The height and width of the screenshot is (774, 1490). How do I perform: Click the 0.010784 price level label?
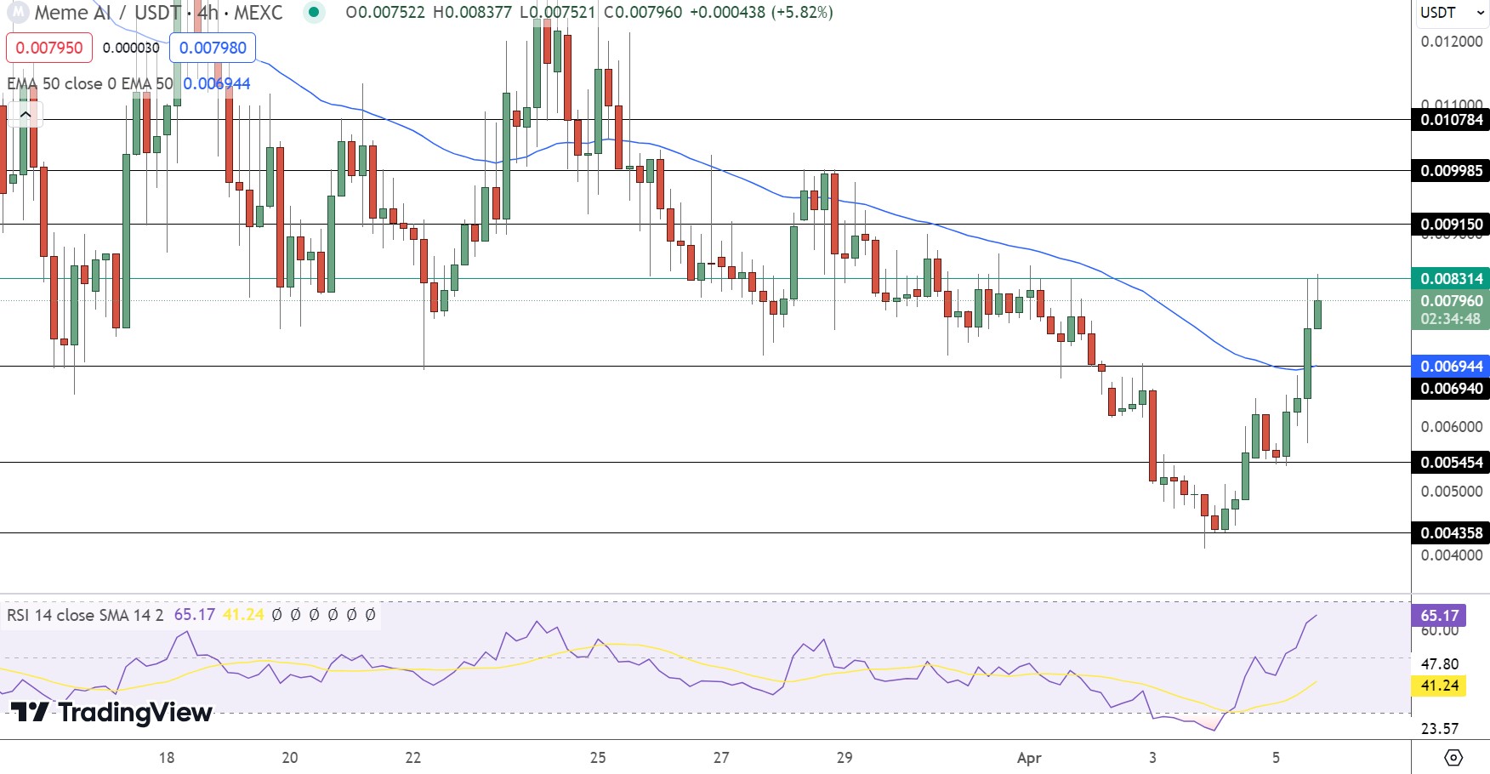[x=1451, y=120]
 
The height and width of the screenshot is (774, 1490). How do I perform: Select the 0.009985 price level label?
[x=1451, y=171]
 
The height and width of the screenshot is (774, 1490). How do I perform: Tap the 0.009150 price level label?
[x=1451, y=225]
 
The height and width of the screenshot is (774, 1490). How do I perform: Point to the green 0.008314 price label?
[x=1451, y=279]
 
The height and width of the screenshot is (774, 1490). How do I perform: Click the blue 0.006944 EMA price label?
[x=1451, y=367]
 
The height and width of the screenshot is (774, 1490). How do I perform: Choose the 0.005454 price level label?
[x=1451, y=463]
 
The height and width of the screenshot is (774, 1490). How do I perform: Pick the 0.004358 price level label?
[x=1451, y=533]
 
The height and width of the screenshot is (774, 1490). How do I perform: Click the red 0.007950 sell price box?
[x=49, y=48]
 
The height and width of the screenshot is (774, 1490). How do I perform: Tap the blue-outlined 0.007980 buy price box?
[x=213, y=48]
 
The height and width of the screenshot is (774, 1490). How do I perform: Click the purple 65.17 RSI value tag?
[x=1439, y=616]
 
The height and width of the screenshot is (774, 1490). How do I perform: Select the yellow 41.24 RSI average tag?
[x=1439, y=686]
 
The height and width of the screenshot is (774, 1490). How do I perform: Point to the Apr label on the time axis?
[x=1029, y=758]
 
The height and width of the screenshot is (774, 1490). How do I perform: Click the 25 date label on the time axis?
[x=598, y=758]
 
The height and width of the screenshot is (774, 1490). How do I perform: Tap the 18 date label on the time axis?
[x=167, y=758]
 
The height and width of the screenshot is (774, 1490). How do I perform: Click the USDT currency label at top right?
[x=1438, y=13]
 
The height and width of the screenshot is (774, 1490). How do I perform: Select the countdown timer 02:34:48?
[x=1451, y=320]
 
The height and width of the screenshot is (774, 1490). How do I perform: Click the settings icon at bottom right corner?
[x=1453, y=757]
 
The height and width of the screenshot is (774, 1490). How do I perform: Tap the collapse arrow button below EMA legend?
[x=26, y=114]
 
